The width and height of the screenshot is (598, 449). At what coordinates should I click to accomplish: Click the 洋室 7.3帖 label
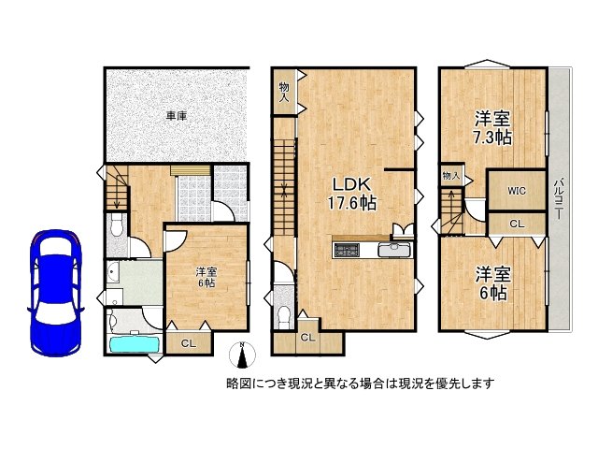pos(493,128)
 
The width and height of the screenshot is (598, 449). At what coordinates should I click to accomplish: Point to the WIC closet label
pos(518,192)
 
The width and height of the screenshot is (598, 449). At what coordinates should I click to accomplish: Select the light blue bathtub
pos(135,344)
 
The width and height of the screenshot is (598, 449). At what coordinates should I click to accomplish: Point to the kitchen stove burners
pos(347,250)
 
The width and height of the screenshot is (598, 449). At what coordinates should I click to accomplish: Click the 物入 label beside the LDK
pos(284,91)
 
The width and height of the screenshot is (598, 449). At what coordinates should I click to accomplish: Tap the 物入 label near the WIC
pos(451,176)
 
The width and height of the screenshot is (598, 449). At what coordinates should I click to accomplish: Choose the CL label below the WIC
pos(517,224)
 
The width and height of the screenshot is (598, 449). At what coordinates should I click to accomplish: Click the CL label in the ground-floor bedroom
pos(188,342)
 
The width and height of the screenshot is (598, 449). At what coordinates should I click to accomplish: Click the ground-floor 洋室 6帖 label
pos(206,278)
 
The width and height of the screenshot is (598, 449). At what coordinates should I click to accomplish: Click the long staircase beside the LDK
pos(284,196)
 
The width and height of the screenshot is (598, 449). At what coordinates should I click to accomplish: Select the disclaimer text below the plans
pos(360,384)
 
